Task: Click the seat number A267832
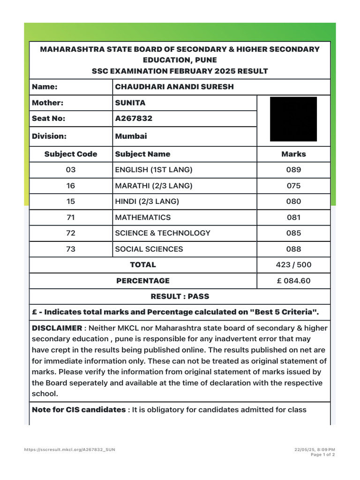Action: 134,119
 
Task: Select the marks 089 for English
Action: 293,170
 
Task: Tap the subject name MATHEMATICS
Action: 143,217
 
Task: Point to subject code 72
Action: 71,233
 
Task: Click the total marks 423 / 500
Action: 293,265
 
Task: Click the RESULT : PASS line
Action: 180,296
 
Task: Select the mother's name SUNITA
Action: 130,103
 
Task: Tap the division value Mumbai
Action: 131,136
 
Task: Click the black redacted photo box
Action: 293,119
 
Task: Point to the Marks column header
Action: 293,154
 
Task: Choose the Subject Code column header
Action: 71,154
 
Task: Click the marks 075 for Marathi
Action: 293,186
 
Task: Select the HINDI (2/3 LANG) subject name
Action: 147,202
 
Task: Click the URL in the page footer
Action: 69,450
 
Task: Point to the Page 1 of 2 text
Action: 323,455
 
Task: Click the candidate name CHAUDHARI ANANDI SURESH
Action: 174,87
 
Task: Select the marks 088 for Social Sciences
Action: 293,249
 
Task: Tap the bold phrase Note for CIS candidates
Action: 78,410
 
